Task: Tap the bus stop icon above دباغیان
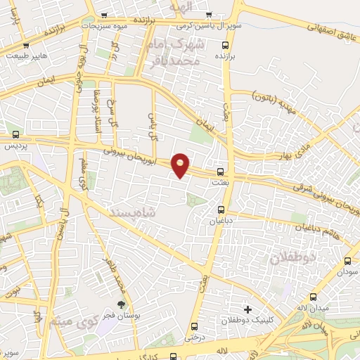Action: pos(221,210)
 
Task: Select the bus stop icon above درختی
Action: pos(195,326)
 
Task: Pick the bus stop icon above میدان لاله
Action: pos(314,297)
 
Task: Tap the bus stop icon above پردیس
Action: pos(15,135)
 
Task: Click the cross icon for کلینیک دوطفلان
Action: pos(247,309)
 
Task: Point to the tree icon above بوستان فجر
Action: pos(122,304)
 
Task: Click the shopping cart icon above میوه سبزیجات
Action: pos(105,15)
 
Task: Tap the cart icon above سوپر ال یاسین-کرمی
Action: pos(207,15)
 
